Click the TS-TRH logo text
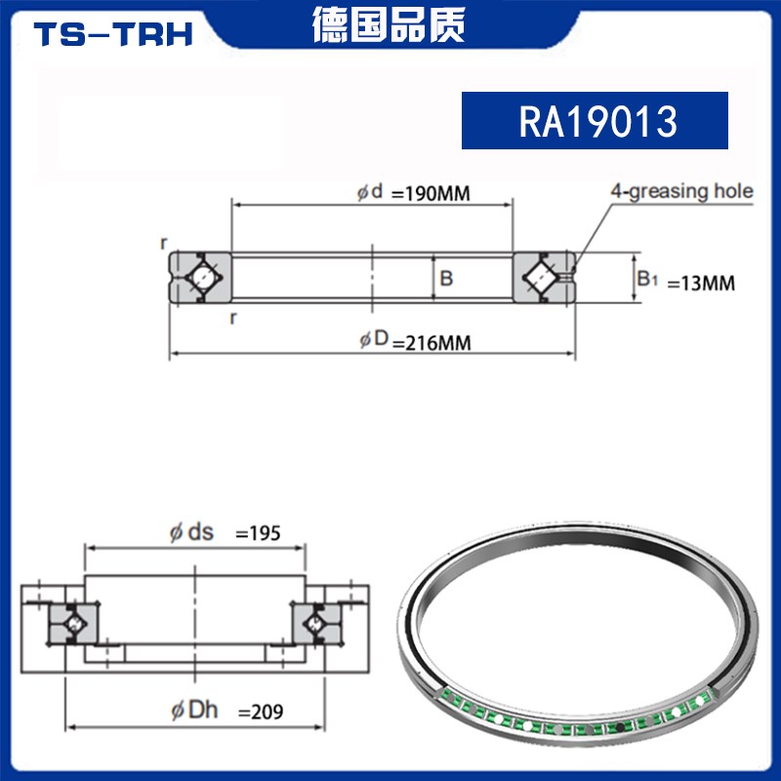click(x=114, y=34)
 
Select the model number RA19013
click(x=595, y=121)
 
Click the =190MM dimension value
click(x=431, y=193)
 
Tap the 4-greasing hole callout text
click(x=681, y=190)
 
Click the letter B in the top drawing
click(x=446, y=279)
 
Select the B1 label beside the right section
click(x=648, y=279)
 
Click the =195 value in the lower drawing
click(x=259, y=533)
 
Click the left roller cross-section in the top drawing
click(x=200, y=278)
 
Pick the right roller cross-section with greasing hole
click(x=544, y=277)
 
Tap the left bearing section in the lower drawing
click(x=72, y=620)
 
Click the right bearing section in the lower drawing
click(x=316, y=620)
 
